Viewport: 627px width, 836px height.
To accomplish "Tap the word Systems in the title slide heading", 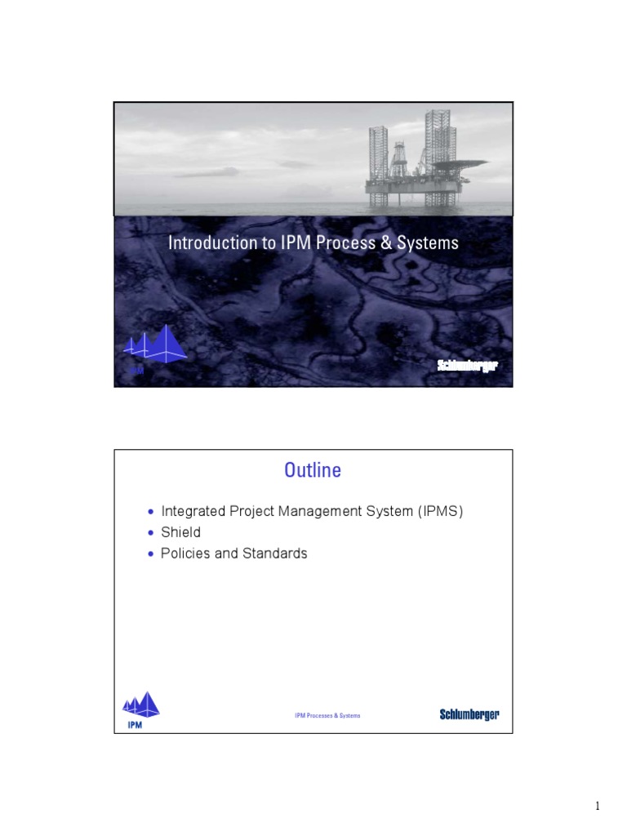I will click(x=430, y=243).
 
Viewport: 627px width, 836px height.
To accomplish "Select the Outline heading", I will click(x=313, y=470).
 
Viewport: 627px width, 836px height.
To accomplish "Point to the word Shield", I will click(x=181, y=532).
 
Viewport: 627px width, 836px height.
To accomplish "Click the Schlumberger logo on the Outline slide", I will click(x=469, y=715).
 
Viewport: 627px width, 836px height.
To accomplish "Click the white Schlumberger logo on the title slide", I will click(x=467, y=364).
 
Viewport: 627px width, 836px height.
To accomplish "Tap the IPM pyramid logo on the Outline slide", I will click(x=140, y=707).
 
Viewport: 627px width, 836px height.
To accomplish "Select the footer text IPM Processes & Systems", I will click(x=327, y=715).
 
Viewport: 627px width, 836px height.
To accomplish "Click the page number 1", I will click(x=597, y=807).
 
